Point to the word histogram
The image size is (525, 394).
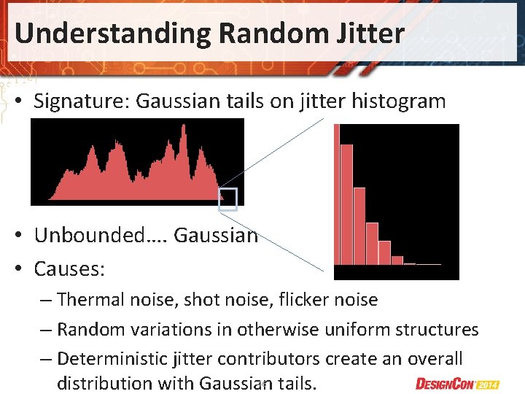[398, 101]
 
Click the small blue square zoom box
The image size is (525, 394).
[228, 199]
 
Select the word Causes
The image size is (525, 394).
[69, 269]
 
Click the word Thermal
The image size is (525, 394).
[87, 299]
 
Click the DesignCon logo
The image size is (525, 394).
[447, 383]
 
